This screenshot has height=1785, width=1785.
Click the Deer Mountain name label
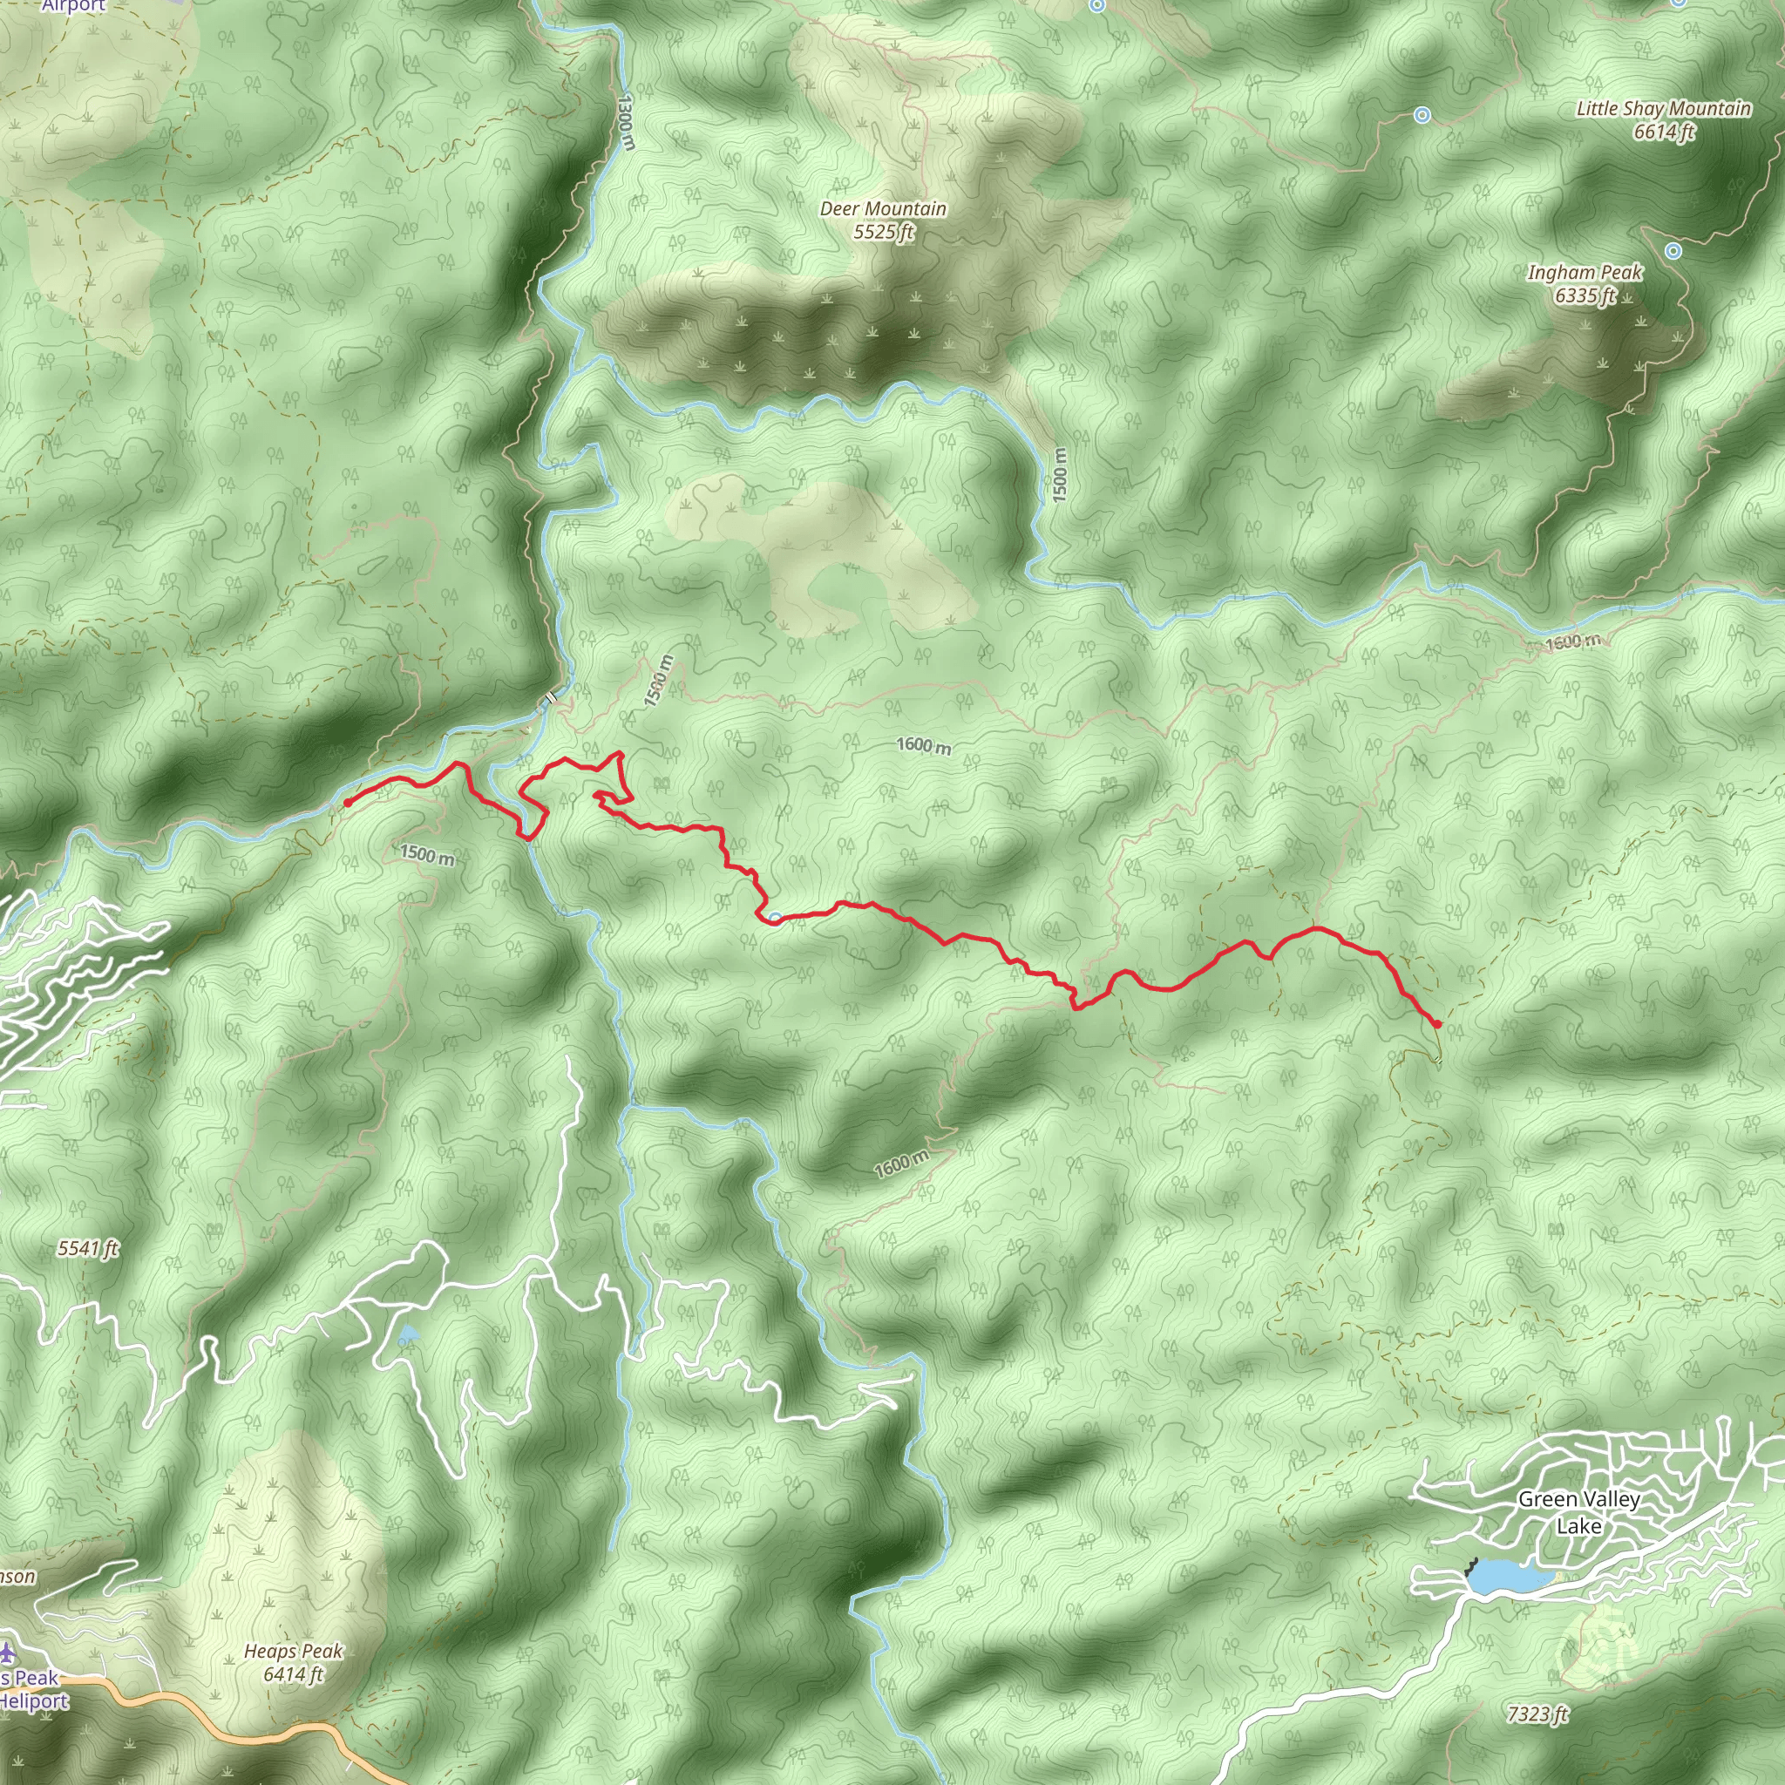(883, 209)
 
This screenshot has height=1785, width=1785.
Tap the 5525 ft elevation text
(883, 232)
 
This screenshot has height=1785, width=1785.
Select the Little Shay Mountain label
(1663, 109)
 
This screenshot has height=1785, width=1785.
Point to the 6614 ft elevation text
(1664, 132)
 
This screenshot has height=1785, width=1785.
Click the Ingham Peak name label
(1585, 273)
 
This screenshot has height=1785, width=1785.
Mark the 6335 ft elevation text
(1585, 295)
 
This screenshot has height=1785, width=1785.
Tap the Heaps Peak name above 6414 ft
(294, 1651)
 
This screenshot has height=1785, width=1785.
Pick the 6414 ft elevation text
(294, 1674)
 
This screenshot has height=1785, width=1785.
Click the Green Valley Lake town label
(1579, 1512)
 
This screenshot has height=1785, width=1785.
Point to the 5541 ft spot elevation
(89, 1249)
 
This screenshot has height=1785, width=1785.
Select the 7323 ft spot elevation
(1537, 1714)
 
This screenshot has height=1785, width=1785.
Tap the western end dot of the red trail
(348, 803)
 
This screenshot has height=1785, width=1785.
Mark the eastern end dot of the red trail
(1437, 1024)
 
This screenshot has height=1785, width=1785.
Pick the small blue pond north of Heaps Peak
(406, 1336)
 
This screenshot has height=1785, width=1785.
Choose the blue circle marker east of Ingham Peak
(1673, 250)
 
